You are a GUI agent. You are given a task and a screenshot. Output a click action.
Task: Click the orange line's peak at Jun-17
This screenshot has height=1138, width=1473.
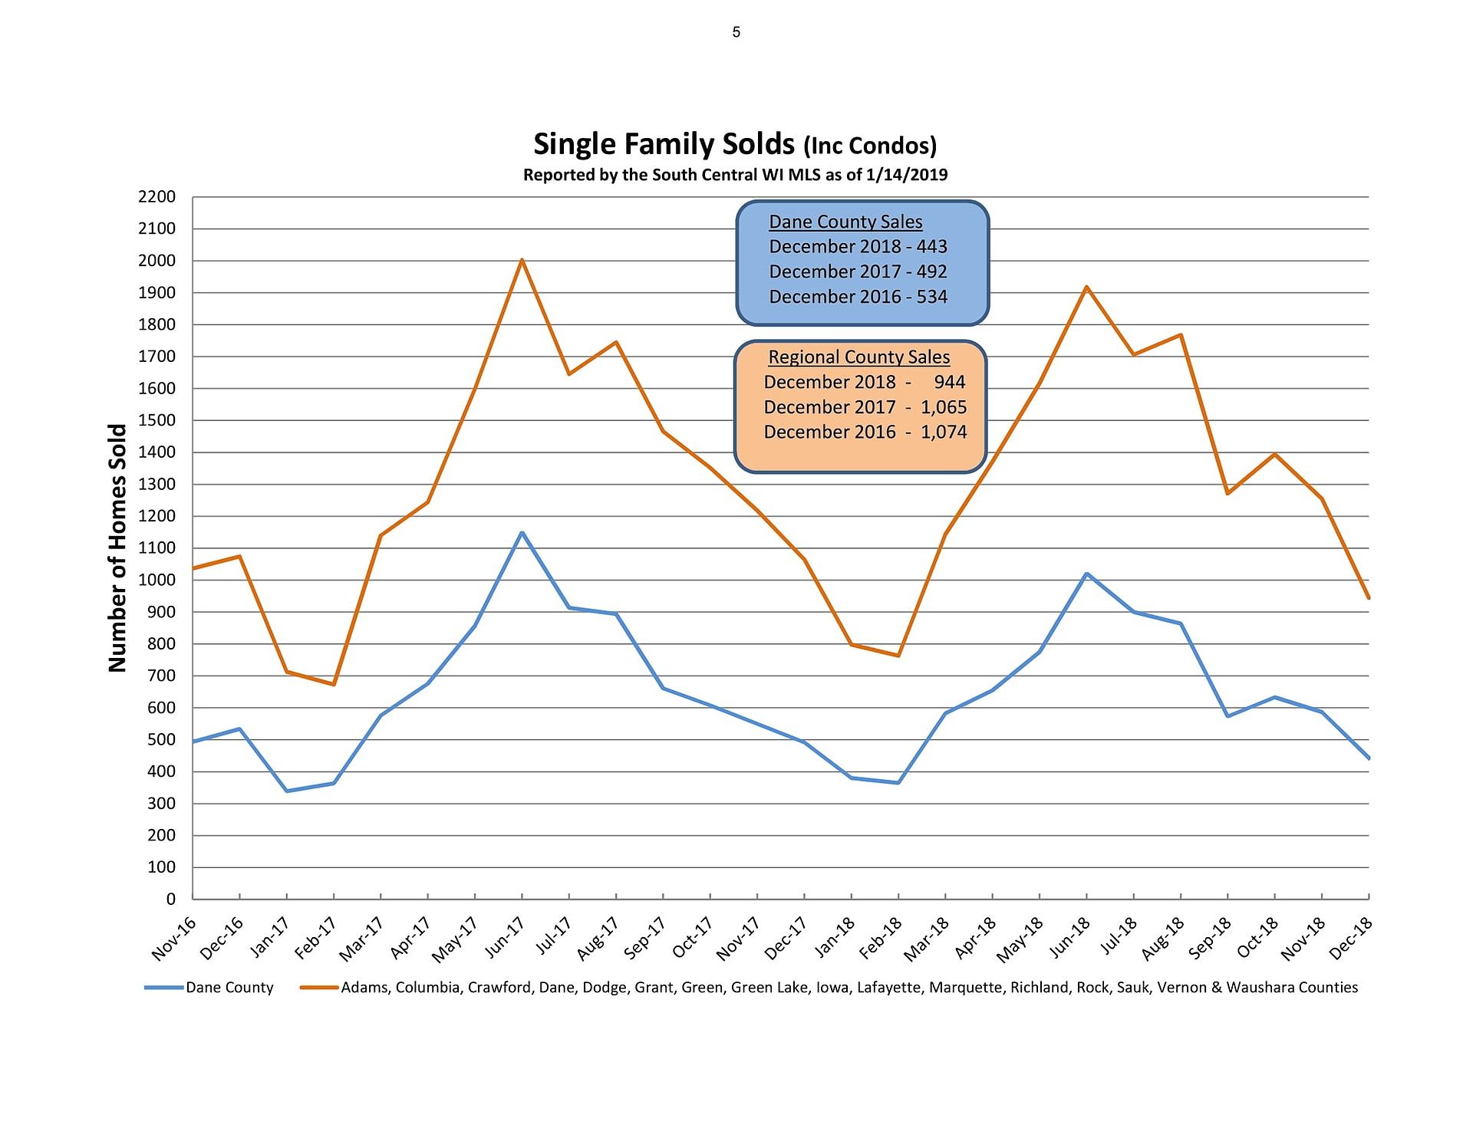(522, 261)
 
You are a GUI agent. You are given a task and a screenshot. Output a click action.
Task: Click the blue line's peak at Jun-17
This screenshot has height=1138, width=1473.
(522, 533)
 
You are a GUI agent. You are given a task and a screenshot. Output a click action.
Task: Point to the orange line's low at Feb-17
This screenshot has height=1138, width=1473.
(334, 684)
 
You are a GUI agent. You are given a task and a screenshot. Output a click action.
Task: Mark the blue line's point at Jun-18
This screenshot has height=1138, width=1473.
(1086, 574)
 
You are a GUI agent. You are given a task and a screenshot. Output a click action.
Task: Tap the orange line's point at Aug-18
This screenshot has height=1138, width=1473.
(1181, 334)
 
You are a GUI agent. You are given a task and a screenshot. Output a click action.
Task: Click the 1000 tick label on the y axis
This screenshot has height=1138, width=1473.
(157, 581)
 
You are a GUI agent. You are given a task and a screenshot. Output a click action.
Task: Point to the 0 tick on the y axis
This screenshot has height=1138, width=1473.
(170, 899)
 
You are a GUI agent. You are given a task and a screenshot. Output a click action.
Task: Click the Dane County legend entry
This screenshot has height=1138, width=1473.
(229, 988)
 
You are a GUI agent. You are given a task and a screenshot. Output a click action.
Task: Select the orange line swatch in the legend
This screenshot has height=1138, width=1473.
(319, 988)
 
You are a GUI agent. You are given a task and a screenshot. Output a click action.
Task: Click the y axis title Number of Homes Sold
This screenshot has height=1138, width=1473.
(117, 548)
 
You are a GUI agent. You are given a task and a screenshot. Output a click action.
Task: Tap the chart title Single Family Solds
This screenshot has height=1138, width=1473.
(664, 144)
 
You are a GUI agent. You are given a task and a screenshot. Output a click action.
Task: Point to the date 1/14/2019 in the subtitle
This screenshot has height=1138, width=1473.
(906, 175)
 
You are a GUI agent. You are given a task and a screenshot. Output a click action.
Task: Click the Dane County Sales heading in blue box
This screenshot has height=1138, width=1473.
(845, 222)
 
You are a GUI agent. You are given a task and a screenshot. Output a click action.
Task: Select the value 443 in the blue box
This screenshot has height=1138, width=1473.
(932, 247)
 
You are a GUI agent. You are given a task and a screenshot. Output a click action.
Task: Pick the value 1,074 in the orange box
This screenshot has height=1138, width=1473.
(944, 432)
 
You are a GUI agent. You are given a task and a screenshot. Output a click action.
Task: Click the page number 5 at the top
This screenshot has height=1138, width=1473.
(736, 32)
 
